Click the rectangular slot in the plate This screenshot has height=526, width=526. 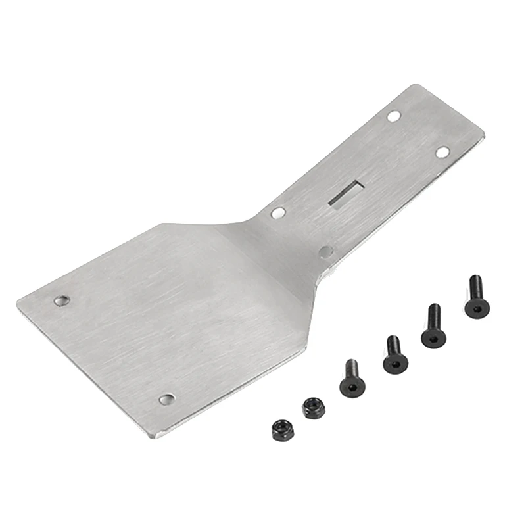coord(345,193)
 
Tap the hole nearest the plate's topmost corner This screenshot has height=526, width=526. coord(393,116)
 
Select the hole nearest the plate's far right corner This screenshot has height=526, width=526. coord(442,152)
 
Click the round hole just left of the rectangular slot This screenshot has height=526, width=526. coord(278,213)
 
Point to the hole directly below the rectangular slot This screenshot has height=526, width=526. coord(325,251)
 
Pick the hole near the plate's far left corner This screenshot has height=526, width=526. coord(61,300)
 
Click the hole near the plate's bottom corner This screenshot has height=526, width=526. coord(167,399)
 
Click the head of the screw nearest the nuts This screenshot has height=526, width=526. coord(352,387)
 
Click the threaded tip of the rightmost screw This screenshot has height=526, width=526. coord(475,279)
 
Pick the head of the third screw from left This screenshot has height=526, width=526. coord(433,336)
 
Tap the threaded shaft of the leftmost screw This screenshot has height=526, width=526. coord(352,369)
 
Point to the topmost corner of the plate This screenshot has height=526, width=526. coord(414,85)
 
